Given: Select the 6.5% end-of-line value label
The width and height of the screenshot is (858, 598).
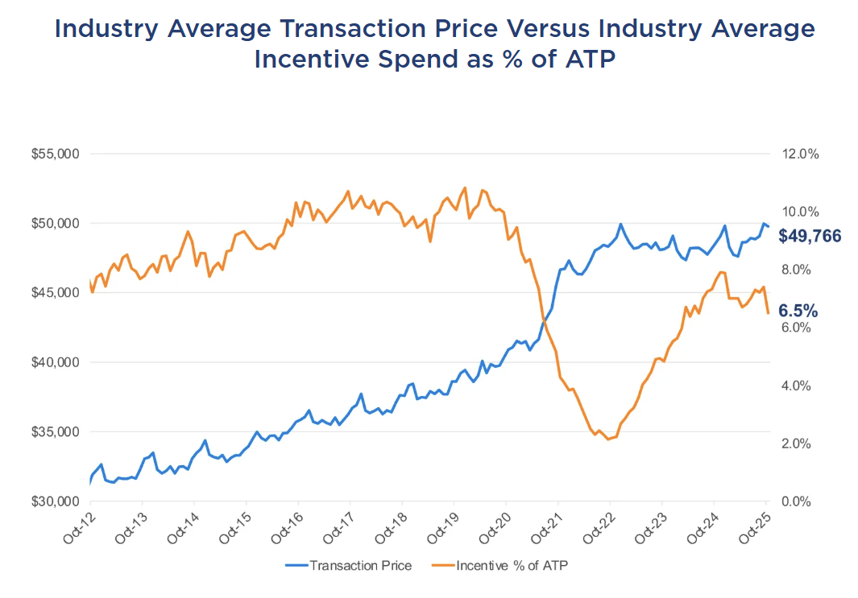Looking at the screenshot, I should pos(798,311).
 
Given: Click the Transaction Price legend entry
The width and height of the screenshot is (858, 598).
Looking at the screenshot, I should pos(349,566).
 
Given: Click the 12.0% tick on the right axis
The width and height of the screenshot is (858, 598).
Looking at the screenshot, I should pos(800,154).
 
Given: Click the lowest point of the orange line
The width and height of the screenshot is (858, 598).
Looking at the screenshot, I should pos(607,439).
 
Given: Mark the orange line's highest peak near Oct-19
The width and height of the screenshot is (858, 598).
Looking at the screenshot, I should pos(465,188).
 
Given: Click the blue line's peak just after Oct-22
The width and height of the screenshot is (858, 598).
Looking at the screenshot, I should pos(620,224).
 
